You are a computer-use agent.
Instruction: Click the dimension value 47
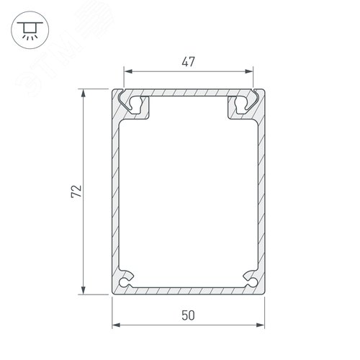pyautogui.click(x=189, y=62)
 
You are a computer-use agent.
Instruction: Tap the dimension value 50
pyautogui.click(x=189, y=315)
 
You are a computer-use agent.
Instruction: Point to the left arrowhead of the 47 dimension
pyautogui.click(x=128, y=72)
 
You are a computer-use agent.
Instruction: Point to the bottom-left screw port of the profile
pyautogui.click(x=128, y=278)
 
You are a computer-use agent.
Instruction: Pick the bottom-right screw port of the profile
pyautogui.click(x=250, y=278)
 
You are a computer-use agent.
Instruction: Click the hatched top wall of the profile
pyautogui.click(x=189, y=94)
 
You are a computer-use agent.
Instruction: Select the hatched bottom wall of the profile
pyautogui.click(x=189, y=289)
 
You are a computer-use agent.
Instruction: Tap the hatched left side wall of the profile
pyautogui.click(x=115, y=194)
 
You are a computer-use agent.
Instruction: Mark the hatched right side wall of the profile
pyautogui.click(x=264, y=194)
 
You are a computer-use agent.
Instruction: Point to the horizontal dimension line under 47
pyautogui.click(x=216, y=72)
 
